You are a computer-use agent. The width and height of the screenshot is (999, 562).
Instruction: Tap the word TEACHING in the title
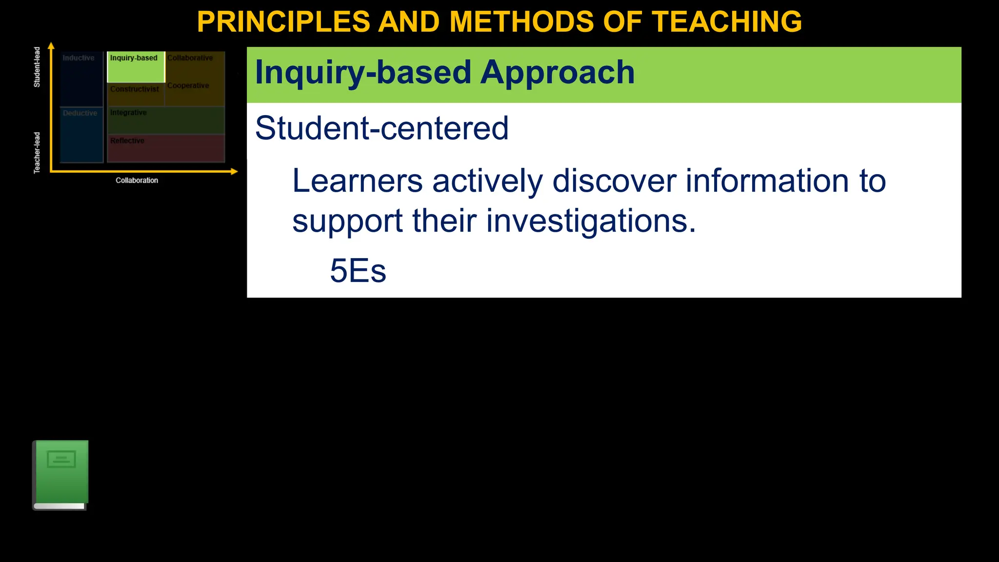727,22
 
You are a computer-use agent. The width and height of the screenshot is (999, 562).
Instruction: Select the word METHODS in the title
521,22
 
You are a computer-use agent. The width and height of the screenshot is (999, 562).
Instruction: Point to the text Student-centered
381,128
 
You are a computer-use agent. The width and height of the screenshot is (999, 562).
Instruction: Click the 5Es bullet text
358,271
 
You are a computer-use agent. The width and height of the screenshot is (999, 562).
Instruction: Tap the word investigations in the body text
591,221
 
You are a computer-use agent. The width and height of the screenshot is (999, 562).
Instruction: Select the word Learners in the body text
357,181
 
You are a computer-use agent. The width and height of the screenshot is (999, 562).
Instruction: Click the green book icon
60,475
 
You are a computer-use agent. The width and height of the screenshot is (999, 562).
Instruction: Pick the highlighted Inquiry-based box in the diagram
136,67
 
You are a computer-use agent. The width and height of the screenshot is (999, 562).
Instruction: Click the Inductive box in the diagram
81,78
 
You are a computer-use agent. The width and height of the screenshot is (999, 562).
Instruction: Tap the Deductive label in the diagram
80,113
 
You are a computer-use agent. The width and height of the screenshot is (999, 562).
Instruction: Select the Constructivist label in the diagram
135,89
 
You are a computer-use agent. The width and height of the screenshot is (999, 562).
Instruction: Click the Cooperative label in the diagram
188,86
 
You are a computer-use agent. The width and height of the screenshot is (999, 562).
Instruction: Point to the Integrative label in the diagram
128,113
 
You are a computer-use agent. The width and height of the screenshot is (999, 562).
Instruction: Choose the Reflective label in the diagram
127,141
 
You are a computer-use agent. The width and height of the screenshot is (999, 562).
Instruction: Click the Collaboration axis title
137,181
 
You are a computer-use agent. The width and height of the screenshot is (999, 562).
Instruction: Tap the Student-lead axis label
37,67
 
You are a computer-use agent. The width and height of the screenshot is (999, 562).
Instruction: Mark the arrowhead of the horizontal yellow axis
234,171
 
